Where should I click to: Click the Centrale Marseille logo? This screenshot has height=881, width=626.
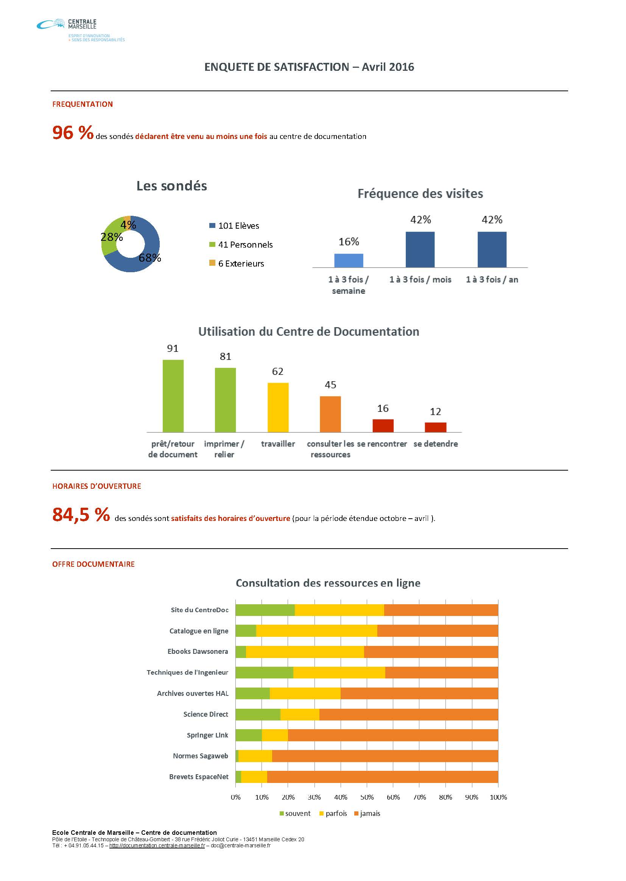tap(81, 30)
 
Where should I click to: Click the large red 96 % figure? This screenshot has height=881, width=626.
tap(73, 133)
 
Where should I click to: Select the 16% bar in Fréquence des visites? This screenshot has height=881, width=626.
tap(349, 260)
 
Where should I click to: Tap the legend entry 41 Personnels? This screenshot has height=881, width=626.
tap(241, 245)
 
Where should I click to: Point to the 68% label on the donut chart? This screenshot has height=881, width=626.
tap(150, 258)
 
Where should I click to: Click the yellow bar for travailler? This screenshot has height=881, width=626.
tap(278, 407)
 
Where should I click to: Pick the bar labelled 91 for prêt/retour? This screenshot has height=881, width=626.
tap(173, 396)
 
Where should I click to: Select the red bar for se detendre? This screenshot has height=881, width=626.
tap(436, 427)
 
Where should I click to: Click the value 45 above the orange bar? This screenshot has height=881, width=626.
tap(330, 385)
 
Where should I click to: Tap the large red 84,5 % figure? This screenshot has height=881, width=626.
tap(81, 515)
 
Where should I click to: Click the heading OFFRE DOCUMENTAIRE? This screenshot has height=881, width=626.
tap(93, 564)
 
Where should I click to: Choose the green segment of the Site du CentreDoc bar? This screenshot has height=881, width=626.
tap(265, 610)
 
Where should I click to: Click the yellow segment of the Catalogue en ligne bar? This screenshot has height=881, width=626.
tap(316, 631)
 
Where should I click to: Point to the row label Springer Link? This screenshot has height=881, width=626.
tap(207, 735)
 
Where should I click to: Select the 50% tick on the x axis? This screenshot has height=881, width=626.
tap(367, 797)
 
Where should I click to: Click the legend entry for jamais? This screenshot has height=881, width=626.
tap(367, 813)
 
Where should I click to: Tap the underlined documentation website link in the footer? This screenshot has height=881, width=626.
tap(157, 845)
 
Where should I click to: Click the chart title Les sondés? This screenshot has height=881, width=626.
tap(171, 186)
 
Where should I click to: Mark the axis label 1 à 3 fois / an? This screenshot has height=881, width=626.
tap(492, 279)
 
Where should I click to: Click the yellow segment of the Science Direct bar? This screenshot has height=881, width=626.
tap(300, 714)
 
